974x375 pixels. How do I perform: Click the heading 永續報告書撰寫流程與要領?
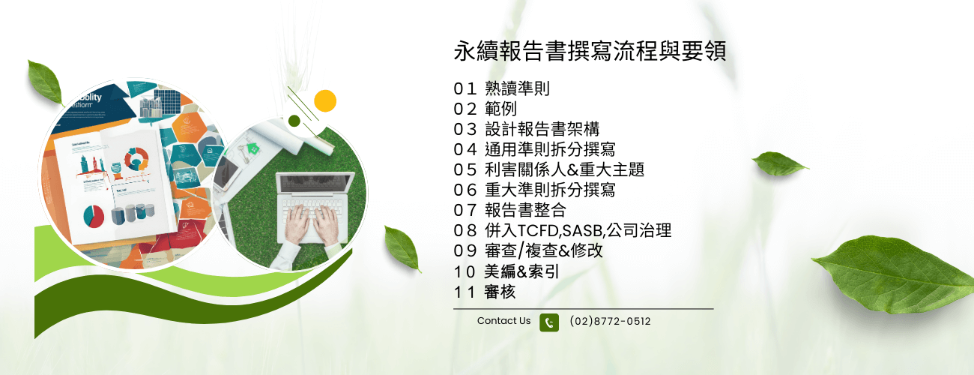[x=590, y=51]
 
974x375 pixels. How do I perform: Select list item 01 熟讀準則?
[x=501, y=88]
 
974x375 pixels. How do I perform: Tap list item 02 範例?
[x=485, y=109]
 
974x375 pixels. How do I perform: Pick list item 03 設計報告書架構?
[x=527, y=129]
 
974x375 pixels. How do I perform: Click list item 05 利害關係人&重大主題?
[x=548, y=169]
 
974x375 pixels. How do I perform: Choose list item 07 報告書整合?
[x=509, y=210]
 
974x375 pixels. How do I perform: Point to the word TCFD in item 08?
[x=538, y=230]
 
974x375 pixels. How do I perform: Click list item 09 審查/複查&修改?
[x=528, y=250]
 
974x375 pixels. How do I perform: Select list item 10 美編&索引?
[x=506, y=271]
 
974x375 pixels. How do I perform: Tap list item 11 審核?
[x=485, y=292]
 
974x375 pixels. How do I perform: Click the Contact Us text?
[x=503, y=320]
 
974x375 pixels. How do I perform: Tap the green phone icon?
[x=549, y=322]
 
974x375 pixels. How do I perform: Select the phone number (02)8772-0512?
[x=610, y=321]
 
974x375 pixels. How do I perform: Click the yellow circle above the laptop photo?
[x=325, y=101]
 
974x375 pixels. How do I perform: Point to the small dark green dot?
[x=294, y=121]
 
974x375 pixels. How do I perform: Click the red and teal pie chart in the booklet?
[x=94, y=216]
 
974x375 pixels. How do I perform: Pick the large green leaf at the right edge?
[x=894, y=273]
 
